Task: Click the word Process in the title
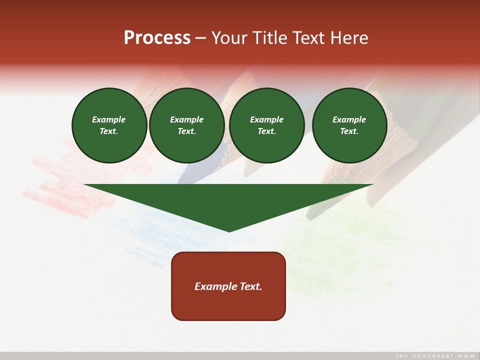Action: pos(157,38)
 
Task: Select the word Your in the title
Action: pos(229,38)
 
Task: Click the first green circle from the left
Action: pos(109,125)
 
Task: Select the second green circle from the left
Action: pos(186,125)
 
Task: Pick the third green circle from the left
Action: pos(266,125)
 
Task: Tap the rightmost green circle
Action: pos(349,125)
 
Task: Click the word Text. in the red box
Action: pos(249,286)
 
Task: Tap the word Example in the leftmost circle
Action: pos(109,119)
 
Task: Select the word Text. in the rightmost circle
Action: pos(349,131)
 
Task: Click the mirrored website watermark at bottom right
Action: pos(434,355)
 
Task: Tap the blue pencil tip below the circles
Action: pos(190,172)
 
